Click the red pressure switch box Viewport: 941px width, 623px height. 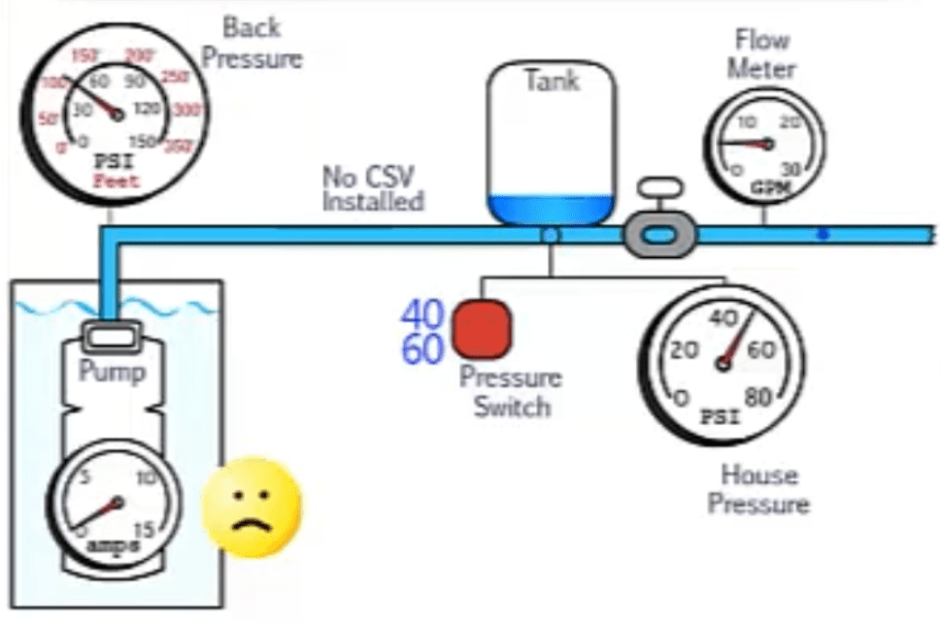483,328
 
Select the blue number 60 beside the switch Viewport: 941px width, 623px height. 422,348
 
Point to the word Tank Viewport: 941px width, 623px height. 551,81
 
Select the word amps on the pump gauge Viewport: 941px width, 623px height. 114,545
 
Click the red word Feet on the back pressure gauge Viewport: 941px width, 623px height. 116,180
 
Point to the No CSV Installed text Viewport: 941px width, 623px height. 373,189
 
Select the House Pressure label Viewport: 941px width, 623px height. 758,489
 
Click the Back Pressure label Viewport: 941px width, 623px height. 252,42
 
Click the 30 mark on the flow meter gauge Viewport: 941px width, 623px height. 792,168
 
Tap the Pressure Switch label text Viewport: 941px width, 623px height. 511,391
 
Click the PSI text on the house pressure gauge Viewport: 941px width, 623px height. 720,418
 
